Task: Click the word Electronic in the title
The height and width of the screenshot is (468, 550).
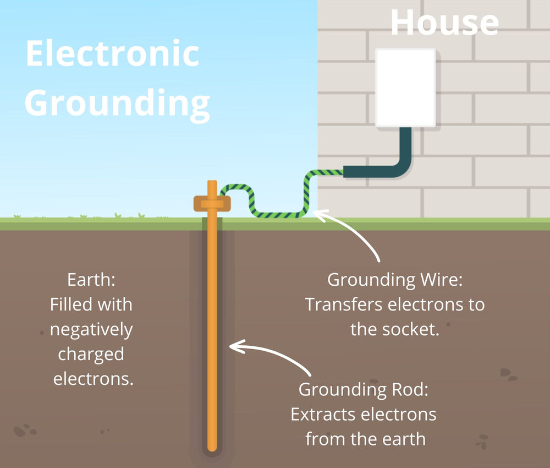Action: point(112,54)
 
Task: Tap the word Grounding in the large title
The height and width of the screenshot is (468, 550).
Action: point(117,102)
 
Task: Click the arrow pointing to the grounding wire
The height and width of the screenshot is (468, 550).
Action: point(352,234)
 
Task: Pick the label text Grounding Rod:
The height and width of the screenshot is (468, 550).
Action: point(363,390)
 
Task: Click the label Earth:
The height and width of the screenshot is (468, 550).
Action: point(91,280)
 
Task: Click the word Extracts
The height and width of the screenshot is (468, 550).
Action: point(324,415)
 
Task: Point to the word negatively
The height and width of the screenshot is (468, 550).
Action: point(91,329)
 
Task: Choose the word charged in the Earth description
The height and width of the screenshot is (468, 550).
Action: point(91,354)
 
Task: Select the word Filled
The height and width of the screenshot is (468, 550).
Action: point(70,304)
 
